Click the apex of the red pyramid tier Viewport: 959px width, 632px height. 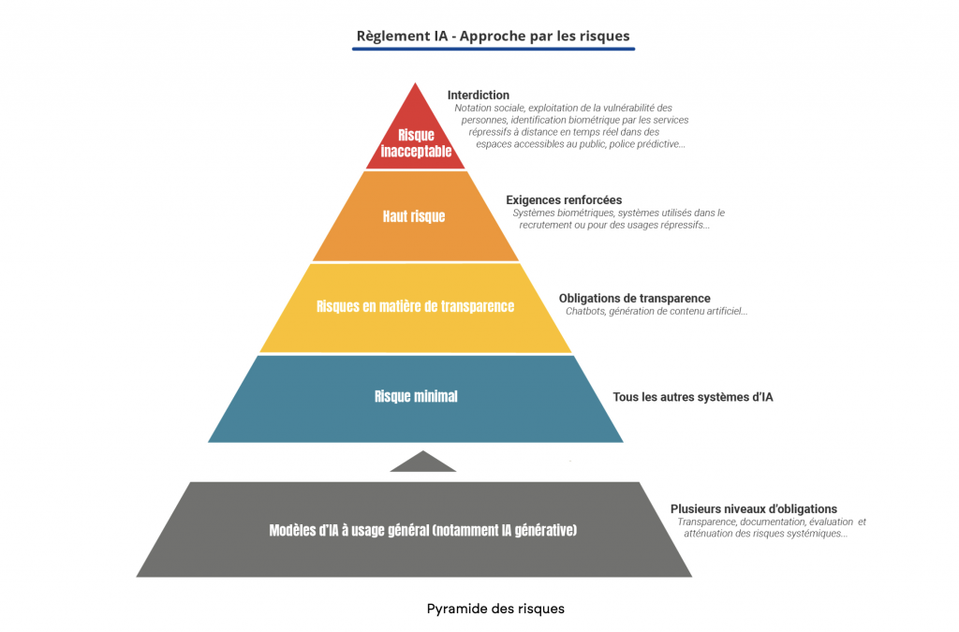[415, 82]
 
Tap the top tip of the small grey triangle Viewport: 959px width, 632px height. [423, 451]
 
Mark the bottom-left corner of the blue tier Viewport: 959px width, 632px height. [208, 442]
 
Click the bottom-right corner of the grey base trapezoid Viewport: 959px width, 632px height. [692, 577]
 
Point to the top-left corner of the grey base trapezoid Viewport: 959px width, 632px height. [189, 482]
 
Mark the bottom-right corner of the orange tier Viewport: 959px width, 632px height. [519, 260]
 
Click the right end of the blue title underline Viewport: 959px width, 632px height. [635, 49]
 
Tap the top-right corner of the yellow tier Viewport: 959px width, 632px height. [521, 264]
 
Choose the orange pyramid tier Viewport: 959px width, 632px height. [415, 216]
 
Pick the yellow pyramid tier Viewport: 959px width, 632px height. [416, 308]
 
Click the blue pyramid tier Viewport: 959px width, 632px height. [416, 399]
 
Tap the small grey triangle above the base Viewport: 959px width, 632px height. [423, 463]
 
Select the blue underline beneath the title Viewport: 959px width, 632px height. [494, 49]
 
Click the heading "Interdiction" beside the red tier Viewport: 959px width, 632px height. [479, 95]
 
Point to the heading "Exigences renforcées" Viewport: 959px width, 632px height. [564, 199]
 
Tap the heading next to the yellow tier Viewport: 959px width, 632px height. [635, 299]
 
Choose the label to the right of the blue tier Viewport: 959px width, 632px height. [693, 397]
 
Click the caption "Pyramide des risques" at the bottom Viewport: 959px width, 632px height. [495, 609]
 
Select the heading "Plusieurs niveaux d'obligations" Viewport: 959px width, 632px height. [754, 508]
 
